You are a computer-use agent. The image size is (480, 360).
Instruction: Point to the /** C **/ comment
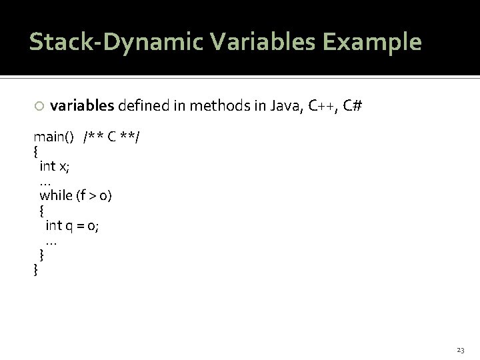(x=112, y=137)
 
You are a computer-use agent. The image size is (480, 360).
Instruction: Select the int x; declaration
(x=55, y=166)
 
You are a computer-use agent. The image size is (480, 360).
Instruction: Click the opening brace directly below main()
(x=36, y=151)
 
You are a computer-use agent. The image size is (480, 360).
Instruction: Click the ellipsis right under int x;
(x=45, y=181)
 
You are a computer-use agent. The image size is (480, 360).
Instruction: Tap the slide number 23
(x=461, y=349)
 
